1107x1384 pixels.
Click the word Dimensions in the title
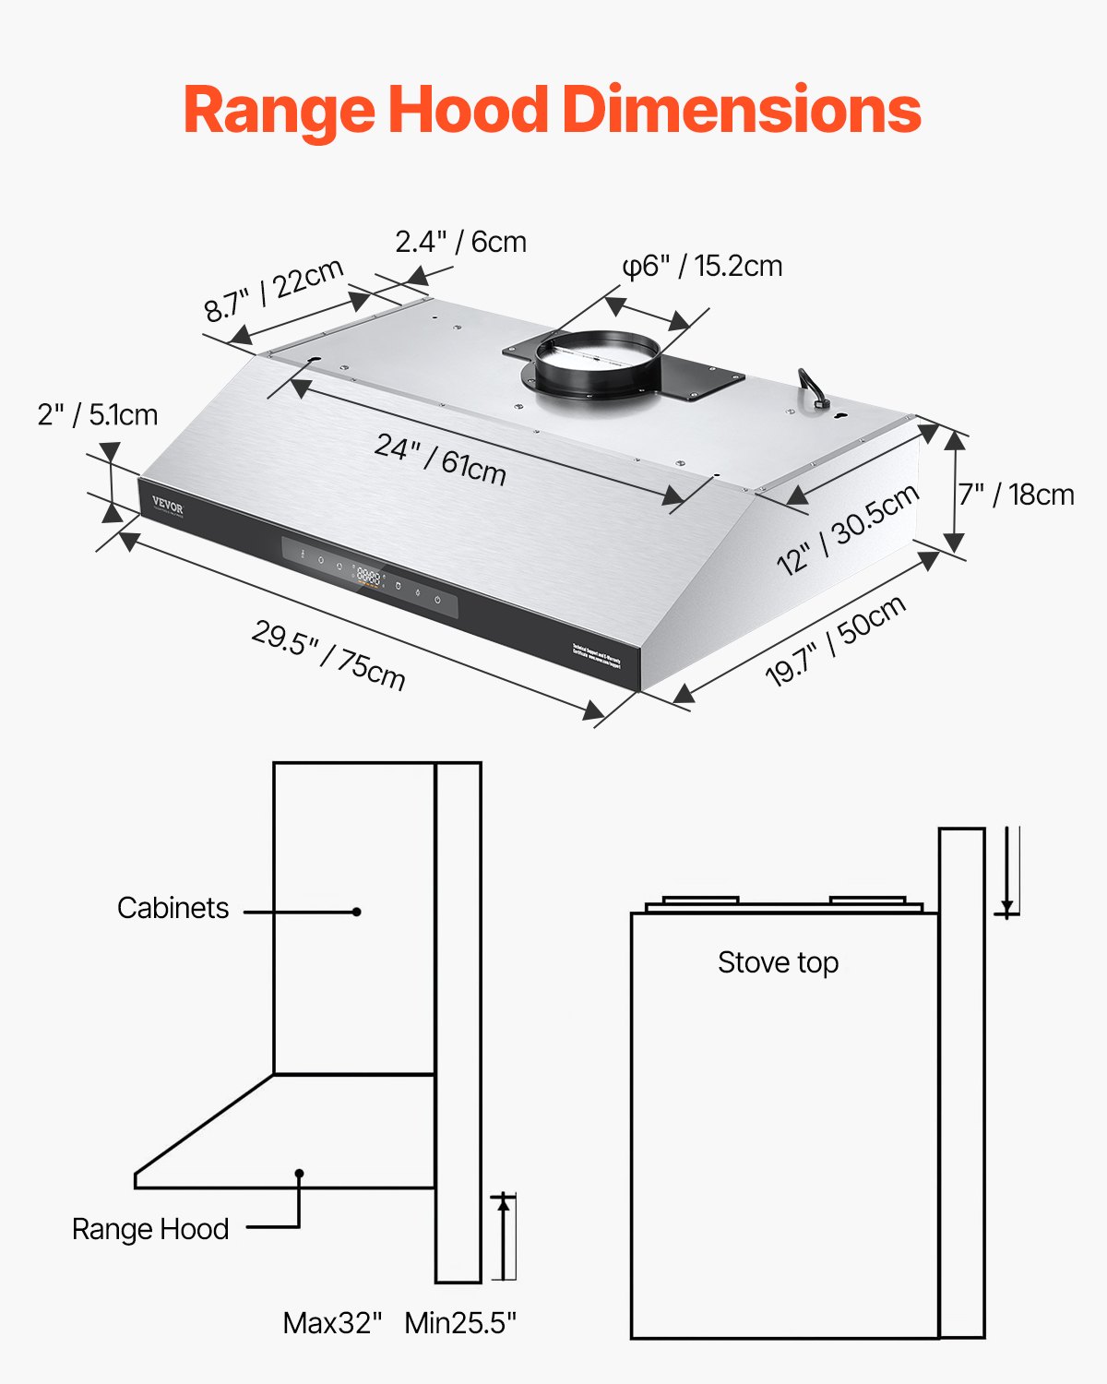[741, 110]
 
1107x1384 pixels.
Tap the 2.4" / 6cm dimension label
[460, 242]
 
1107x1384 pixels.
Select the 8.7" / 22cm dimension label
[274, 290]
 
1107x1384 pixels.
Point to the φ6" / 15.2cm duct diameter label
[702, 266]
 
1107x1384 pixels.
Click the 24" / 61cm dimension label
[440, 459]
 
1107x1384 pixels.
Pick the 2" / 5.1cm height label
[98, 415]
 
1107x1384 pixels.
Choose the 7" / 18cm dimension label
[1016, 495]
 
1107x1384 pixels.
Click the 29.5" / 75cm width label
[328, 655]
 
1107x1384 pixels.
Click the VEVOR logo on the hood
[168, 507]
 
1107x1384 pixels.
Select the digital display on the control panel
[368, 578]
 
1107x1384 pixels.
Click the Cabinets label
[173, 908]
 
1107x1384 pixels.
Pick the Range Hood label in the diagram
[150, 1229]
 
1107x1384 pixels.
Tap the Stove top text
[778, 962]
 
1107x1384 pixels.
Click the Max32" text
[332, 1323]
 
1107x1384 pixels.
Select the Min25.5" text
[460, 1323]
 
